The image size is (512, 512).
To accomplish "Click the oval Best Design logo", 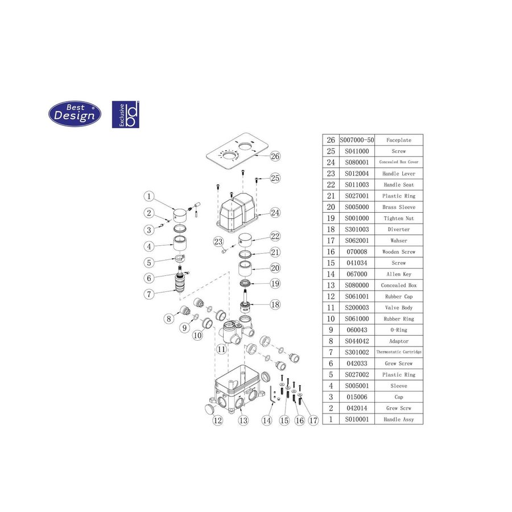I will [75, 114].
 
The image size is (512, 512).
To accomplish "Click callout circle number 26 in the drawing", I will [275, 156].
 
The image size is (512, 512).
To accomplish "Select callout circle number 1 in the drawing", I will [148, 197].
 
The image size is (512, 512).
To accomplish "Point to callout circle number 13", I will [243, 421].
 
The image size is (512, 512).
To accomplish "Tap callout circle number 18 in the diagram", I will [275, 305].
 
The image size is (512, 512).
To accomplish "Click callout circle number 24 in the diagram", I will [275, 213].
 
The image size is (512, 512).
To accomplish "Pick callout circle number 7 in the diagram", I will [148, 294].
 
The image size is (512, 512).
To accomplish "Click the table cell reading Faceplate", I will [398, 140].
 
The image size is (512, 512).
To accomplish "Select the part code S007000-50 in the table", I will [356, 140].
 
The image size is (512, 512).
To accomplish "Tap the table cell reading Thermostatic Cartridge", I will [398, 352].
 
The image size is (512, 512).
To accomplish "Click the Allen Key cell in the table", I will [398, 274].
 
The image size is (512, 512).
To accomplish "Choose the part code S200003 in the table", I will [356, 308].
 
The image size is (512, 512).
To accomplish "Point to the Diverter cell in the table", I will [398, 229].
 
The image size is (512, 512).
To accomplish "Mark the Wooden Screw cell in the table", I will [398, 252].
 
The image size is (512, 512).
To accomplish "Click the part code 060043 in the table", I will [356, 330].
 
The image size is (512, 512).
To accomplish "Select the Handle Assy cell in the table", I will [398, 419].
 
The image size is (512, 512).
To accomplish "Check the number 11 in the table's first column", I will [330, 308].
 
